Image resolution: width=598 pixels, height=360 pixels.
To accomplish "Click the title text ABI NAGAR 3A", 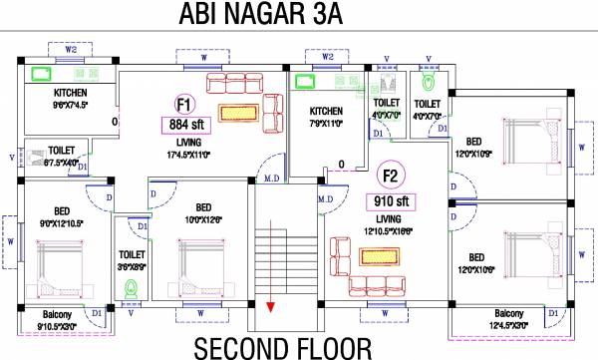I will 299,16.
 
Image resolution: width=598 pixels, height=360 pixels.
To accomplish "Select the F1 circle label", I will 183,103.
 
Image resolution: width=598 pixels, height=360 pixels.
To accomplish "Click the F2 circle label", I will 391,178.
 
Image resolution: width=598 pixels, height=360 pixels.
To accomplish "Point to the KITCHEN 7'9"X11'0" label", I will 326,117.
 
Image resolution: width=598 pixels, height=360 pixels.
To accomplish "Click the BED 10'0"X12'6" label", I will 203,213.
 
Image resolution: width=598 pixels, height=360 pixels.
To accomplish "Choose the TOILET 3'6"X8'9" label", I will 132,260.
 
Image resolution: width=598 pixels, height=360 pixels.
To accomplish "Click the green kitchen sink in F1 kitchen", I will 43,74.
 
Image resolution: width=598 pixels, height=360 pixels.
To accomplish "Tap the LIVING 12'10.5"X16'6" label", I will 389,224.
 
